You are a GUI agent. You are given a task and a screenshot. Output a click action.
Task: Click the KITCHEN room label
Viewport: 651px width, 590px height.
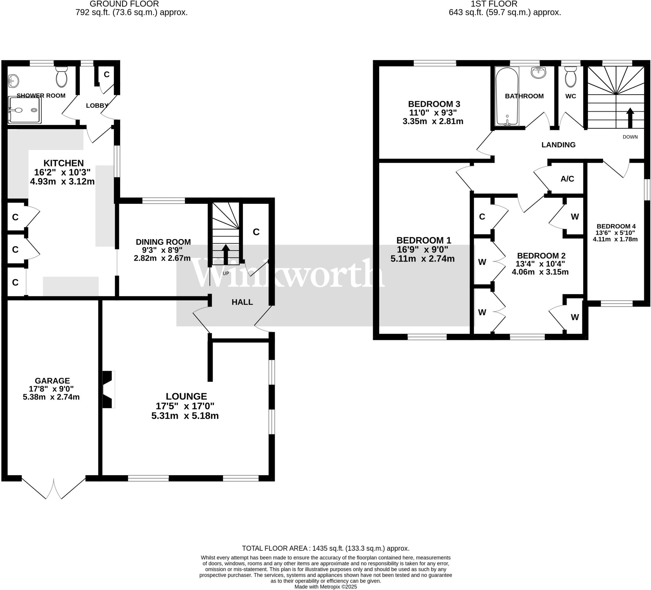click(64, 163)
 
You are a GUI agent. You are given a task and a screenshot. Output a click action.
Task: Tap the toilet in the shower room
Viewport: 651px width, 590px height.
click(61, 77)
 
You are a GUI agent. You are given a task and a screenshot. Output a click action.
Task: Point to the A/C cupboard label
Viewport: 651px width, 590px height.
click(567, 179)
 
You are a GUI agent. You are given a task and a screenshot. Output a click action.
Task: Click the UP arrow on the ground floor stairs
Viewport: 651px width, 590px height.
click(226, 254)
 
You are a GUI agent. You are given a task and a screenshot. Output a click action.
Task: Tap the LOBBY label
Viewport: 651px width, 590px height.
click(97, 105)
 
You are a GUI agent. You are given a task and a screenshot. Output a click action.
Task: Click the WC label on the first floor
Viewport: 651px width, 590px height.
click(571, 96)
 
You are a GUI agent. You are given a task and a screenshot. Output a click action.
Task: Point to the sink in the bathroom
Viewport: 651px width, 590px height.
click(538, 73)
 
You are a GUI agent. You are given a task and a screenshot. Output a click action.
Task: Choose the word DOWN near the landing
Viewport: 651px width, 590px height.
click(630, 137)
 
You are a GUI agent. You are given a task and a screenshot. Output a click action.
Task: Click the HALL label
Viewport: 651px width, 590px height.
click(242, 302)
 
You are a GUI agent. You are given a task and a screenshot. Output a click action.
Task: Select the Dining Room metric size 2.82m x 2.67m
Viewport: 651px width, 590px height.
click(162, 258)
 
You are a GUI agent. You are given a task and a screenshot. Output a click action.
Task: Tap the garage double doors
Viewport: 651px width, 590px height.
click(54, 487)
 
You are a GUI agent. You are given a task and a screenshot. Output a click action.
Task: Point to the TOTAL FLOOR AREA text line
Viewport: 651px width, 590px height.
click(325, 548)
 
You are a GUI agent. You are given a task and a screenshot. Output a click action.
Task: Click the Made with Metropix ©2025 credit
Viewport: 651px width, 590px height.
click(325, 587)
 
